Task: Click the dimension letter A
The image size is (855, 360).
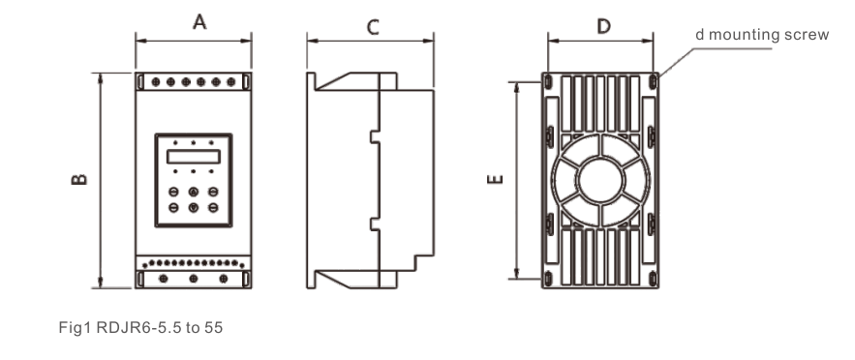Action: [x=199, y=22]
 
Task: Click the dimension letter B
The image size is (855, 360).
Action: [x=79, y=179]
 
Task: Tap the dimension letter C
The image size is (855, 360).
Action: [x=373, y=27]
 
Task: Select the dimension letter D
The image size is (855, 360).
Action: [x=603, y=26]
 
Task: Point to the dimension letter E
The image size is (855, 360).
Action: [x=495, y=179]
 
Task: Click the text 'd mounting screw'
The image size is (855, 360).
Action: [x=762, y=35]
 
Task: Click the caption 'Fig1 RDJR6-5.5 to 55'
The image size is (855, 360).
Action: [x=140, y=327]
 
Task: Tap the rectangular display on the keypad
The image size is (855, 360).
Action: [x=194, y=157]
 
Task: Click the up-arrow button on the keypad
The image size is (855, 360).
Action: [x=194, y=192]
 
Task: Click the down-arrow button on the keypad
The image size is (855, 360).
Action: [x=194, y=207]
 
